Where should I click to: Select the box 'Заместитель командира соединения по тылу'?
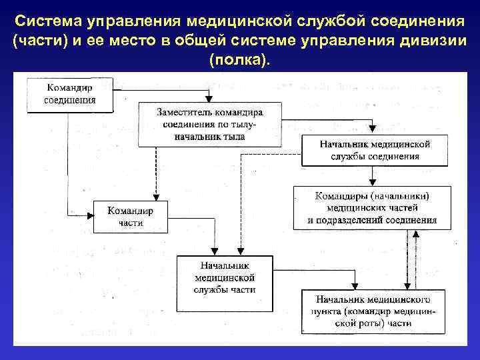coord(210,124)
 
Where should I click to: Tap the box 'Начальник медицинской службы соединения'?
coord(375,150)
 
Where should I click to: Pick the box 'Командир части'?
coord(131,217)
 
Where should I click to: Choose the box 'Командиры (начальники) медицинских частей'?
coord(372,207)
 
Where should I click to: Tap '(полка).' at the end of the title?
coord(240,61)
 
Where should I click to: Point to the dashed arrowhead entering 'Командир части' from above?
coord(155,197)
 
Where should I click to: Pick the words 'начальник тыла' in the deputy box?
coord(210,136)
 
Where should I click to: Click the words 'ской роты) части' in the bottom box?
coord(374,323)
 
